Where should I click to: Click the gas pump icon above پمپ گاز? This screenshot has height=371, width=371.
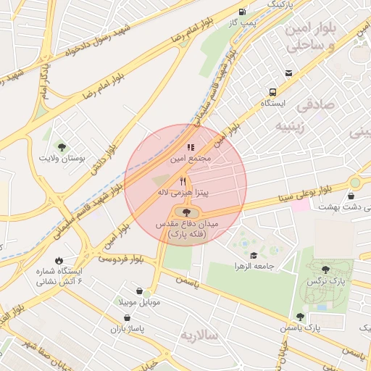tap(242, 12)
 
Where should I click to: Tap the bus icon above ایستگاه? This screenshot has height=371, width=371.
tap(273, 92)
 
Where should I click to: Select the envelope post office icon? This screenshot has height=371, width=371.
tap(289, 73)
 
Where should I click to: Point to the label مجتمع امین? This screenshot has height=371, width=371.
tap(191, 157)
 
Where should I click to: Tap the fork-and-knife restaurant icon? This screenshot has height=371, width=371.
tap(183, 181)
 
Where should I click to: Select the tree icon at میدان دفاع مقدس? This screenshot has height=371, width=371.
tap(187, 212)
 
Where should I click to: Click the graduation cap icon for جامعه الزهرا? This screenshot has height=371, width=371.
tap(254, 255)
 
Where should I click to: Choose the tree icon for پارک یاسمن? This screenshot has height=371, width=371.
tap(300, 317)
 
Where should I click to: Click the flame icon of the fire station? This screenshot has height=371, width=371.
tap(58, 260)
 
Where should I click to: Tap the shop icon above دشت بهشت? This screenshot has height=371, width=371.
tap(351, 196)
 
